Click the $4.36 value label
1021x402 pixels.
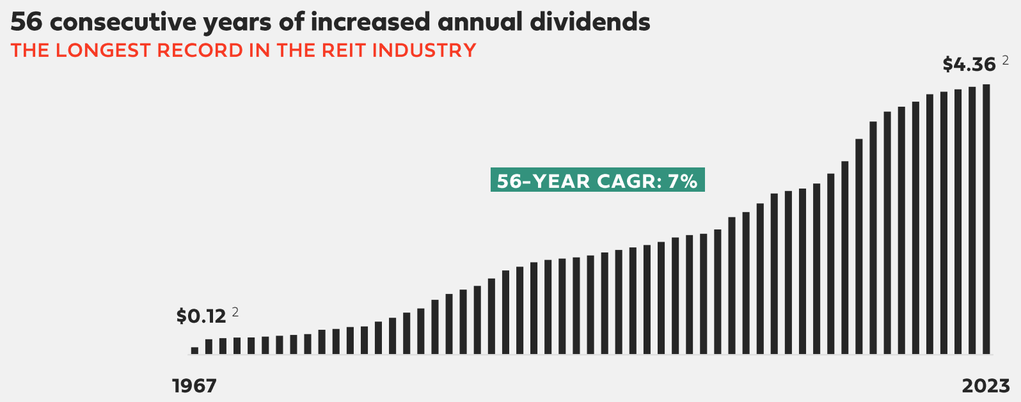(969, 65)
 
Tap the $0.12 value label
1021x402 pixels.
(201, 316)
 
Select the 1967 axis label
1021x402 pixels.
(194, 386)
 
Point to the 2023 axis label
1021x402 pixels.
(986, 386)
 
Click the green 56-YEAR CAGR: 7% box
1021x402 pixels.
(597, 180)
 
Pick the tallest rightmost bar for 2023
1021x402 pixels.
(986, 219)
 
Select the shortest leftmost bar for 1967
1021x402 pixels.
(194, 350)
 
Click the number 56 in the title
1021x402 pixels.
(26, 22)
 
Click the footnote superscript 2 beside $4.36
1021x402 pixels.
(1005, 60)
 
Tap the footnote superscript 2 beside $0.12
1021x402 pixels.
(235, 312)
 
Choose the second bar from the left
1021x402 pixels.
(209, 346)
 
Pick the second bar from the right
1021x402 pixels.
(972, 220)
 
